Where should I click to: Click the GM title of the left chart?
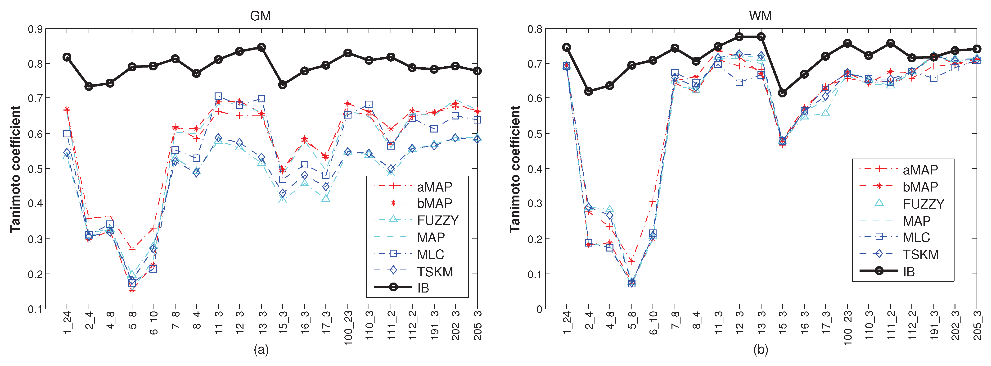pyautogui.click(x=261, y=16)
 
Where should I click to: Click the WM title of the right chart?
pyautogui.click(x=760, y=16)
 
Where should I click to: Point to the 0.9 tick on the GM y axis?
pyautogui.click(x=35, y=29)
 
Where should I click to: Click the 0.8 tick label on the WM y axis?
pyautogui.click(x=535, y=29)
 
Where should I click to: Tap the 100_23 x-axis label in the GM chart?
pyautogui.click(x=348, y=328)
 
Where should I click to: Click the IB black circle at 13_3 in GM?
pyautogui.click(x=261, y=47)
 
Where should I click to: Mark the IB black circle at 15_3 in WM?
pyautogui.click(x=782, y=93)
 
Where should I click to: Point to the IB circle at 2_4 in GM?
pyautogui.click(x=89, y=86)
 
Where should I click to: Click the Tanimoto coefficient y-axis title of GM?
pyautogui.click(x=15, y=169)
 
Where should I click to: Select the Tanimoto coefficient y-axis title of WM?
pyautogui.click(x=515, y=169)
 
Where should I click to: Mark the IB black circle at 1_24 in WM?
pyautogui.click(x=567, y=47)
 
